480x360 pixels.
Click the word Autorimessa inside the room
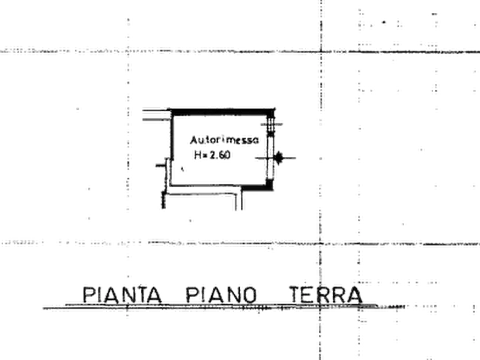(x=224, y=140)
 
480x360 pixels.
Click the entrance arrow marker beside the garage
(x=278, y=158)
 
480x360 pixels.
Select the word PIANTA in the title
(x=122, y=295)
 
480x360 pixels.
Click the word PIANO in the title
(x=221, y=295)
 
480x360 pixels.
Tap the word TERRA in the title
(x=326, y=295)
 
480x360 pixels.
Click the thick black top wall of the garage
(x=223, y=112)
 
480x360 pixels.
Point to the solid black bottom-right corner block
(x=269, y=184)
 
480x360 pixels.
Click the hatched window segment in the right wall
(x=270, y=126)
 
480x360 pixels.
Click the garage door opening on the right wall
(x=270, y=157)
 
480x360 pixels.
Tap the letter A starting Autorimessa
(x=194, y=140)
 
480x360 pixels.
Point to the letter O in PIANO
(x=250, y=295)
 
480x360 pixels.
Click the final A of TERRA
(x=355, y=295)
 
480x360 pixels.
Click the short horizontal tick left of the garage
(x=160, y=165)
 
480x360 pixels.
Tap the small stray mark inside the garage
(x=182, y=169)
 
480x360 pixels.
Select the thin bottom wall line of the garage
(x=217, y=185)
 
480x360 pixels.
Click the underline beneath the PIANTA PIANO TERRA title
(x=224, y=306)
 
